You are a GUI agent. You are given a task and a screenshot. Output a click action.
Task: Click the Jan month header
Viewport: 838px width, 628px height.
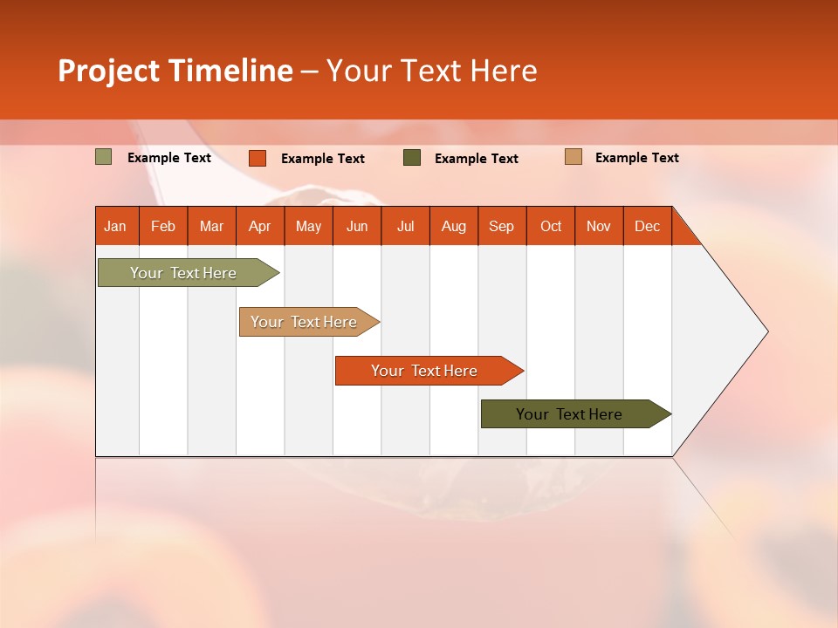[115, 226]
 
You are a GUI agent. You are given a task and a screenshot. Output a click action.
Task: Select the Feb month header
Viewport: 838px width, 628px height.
[163, 226]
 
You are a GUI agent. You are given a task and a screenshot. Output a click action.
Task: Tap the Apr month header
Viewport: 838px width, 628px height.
[260, 226]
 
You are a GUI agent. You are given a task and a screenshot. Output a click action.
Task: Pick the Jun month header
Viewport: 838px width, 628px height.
[357, 226]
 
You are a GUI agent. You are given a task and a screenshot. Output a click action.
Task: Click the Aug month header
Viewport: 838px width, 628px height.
[454, 226]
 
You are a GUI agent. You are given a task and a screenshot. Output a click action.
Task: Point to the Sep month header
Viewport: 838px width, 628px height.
[502, 226]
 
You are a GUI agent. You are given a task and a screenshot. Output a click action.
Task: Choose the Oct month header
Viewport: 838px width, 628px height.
[551, 226]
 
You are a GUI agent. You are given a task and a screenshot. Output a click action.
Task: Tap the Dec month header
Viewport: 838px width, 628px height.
[648, 226]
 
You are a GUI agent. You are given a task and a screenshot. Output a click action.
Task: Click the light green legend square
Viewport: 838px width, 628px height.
[104, 157]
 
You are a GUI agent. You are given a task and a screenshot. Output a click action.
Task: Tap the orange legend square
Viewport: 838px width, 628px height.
[258, 158]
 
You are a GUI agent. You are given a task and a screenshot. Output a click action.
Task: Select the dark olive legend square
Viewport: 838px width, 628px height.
[412, 158]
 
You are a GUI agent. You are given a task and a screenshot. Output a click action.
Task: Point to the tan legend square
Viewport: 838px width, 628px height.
[574, 157]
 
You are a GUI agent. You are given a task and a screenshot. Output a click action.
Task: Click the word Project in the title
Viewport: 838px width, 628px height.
[109, 71]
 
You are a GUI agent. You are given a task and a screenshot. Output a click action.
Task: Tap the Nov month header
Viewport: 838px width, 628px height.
[599, 226]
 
